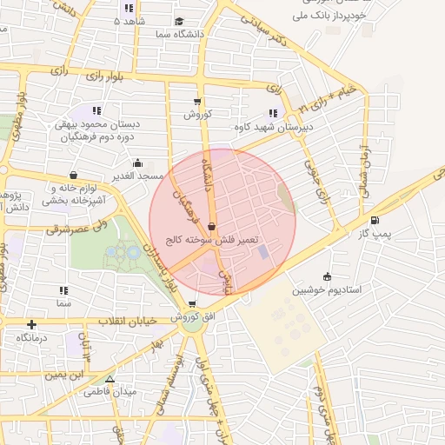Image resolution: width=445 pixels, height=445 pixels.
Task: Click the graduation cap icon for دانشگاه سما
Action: click(178, 22)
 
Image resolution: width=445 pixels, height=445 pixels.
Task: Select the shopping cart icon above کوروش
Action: click(197, 102)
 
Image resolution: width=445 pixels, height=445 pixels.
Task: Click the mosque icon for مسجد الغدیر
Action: click(136, 163)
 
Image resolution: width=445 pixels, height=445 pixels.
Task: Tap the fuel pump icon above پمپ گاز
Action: click(375, 220)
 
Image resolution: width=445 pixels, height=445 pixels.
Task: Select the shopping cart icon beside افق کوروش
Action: click(191, 303)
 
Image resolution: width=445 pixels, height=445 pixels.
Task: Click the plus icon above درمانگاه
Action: click(32, 323)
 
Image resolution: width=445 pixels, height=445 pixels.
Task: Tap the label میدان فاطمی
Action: click(110, 391)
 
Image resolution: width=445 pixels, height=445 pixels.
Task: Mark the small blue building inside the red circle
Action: click(262, 251)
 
